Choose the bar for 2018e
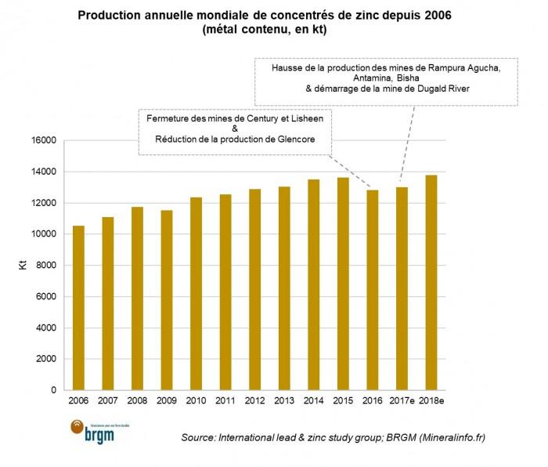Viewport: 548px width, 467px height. pos(431,282)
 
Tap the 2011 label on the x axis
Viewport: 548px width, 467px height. pos(225,401)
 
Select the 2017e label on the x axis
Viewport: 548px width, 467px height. pos(401,401)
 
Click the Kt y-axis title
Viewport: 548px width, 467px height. pos(23,266)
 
